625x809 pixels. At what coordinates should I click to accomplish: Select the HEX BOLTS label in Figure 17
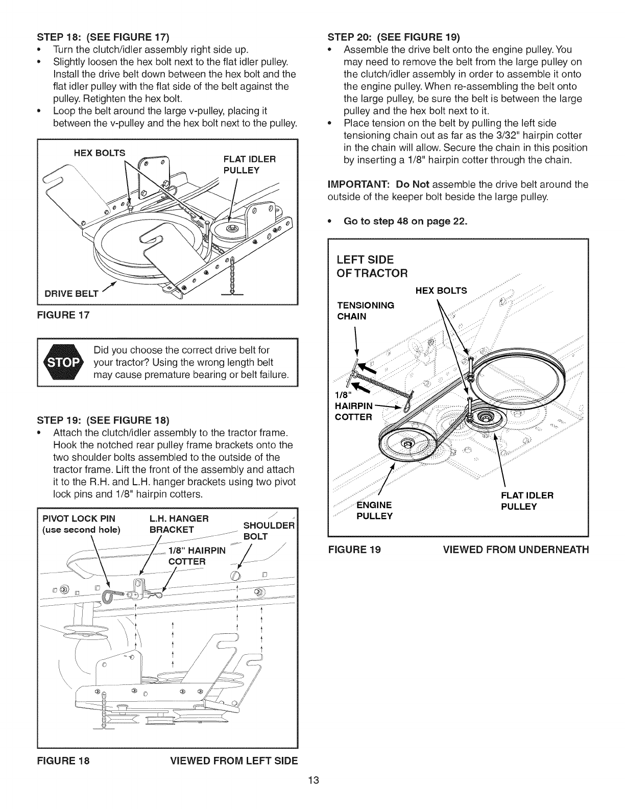coord(100,152)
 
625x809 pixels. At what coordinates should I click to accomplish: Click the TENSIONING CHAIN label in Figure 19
coord(366,311)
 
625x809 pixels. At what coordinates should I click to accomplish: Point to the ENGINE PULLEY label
coord(374,510)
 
